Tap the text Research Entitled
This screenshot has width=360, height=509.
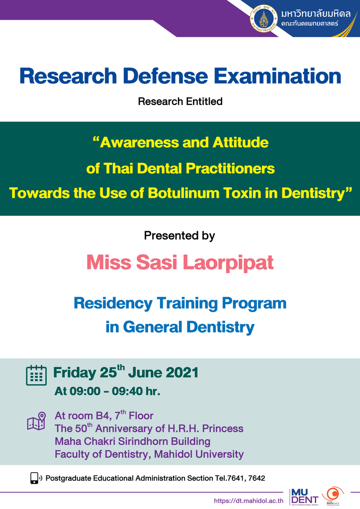180,102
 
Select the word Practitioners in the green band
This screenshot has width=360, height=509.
231,169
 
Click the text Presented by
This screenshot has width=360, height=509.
180,236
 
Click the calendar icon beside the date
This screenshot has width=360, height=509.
36,375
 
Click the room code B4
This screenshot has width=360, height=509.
102,416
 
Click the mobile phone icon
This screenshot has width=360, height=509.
35,478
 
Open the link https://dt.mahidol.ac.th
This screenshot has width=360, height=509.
248,501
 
